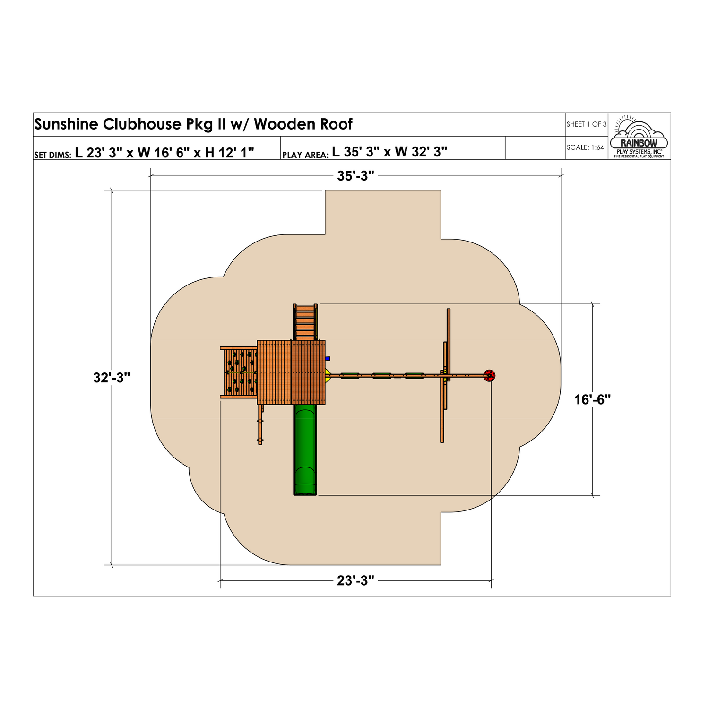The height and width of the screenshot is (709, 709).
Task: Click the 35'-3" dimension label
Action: tap(355, 176)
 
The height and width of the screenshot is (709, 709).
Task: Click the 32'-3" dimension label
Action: tap(112, 378)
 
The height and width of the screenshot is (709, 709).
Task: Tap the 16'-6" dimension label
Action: tap(592, 400)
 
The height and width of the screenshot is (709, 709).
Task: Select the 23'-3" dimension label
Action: tap(355, 580)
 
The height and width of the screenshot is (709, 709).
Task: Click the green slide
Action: tap(305, 449)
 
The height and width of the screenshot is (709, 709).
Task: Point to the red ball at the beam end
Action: tap(490, 376)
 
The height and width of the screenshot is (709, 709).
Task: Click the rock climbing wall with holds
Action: tap(241, 372)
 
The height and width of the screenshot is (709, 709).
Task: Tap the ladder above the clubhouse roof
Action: tap(305, 321)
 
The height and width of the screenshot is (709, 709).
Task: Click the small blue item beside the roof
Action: tap(328, 358)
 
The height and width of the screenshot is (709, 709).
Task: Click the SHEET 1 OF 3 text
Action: tap(586, 124)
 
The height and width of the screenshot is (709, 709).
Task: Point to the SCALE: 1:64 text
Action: tap(585, 147)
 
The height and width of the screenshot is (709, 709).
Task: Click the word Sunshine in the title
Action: tap(66, 124)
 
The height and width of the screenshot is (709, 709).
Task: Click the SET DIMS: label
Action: tap(52, 155)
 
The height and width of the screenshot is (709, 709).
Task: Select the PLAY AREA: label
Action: tap(305, 155)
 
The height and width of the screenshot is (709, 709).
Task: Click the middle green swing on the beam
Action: tap(381, 376)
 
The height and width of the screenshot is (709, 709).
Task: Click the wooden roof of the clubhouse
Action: tap(291, 372)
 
